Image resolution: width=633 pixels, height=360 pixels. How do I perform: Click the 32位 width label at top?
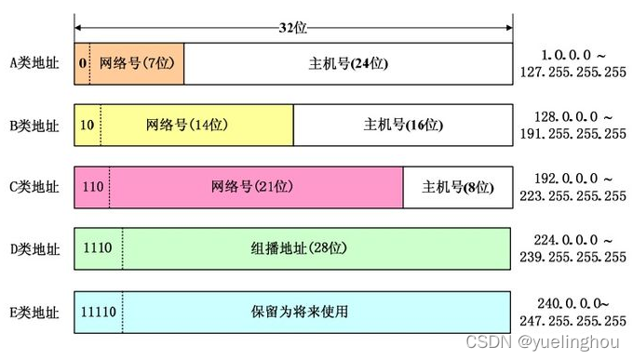(x=292, y=27)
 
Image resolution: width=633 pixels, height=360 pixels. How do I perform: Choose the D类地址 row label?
(x=34, y=248)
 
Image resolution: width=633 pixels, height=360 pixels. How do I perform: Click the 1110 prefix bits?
(x=97, y=248)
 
